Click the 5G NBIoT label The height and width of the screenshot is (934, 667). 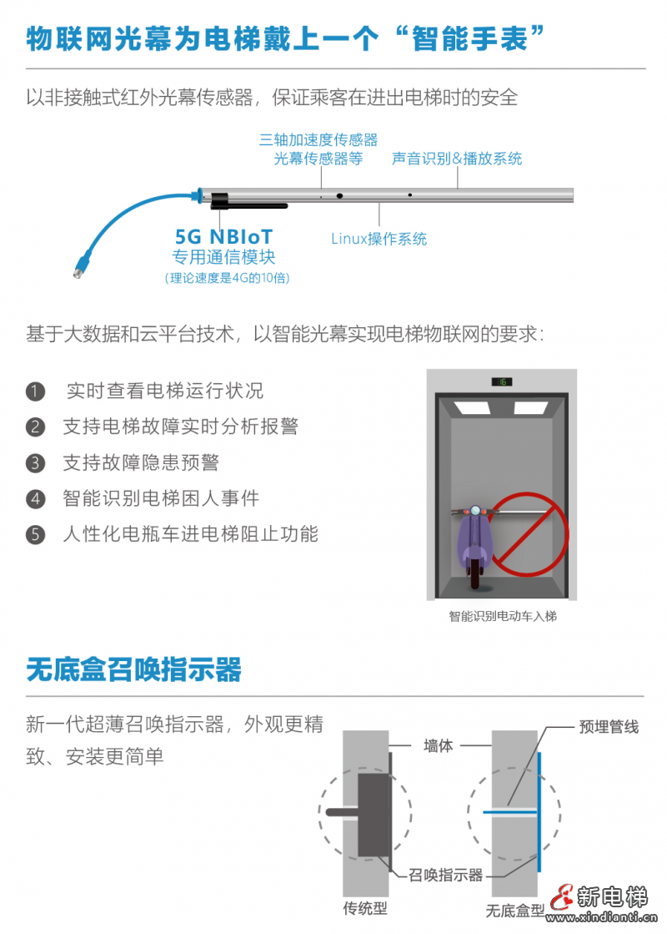[x=223, y=236]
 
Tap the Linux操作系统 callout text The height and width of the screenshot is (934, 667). [x=379, y=239]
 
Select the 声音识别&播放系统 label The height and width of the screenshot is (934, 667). [x=457, y=159]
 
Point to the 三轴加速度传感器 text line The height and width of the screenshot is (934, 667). [x=318, y=139]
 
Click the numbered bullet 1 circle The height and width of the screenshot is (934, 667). [x=35, y=391]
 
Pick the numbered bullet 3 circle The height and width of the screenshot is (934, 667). [x=35, y=463]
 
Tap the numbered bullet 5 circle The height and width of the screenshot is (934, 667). [x=35, y=534]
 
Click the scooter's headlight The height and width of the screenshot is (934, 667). [x=474, y=511]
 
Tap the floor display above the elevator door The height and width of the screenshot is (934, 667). [x=502, y=381]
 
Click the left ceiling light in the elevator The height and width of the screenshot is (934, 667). [x=472, y=408]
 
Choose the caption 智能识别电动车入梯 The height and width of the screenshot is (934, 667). [x=503, y=616]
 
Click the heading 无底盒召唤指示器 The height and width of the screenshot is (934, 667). [x=134, y=669]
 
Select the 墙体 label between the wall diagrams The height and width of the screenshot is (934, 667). [x=438, y=745]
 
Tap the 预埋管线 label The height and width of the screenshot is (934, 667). [x=609, y=727]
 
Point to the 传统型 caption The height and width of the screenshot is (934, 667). [x=364, y=908]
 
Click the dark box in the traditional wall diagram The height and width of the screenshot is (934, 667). [x=374, y=815]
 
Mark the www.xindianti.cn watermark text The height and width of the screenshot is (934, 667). [x=601, y=917]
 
